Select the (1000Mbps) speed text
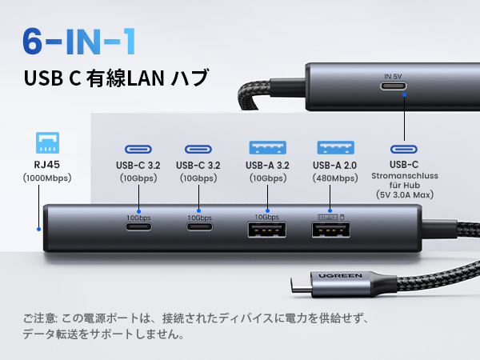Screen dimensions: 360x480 pos(48,178)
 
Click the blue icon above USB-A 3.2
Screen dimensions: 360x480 pos(266,148)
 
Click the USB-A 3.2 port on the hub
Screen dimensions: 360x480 pos(266,231)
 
